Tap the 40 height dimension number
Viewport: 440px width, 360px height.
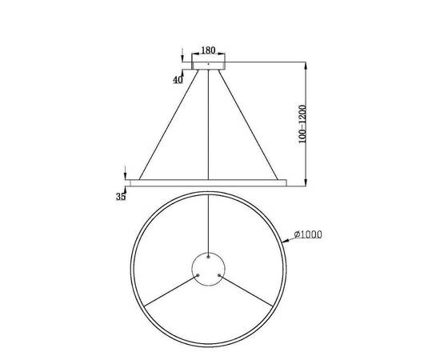tap(177, 79)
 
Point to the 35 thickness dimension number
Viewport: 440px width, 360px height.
tap(121, 196)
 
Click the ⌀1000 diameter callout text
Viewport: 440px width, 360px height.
tap(307, 234)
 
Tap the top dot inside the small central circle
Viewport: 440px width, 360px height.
tap(208, 258)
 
